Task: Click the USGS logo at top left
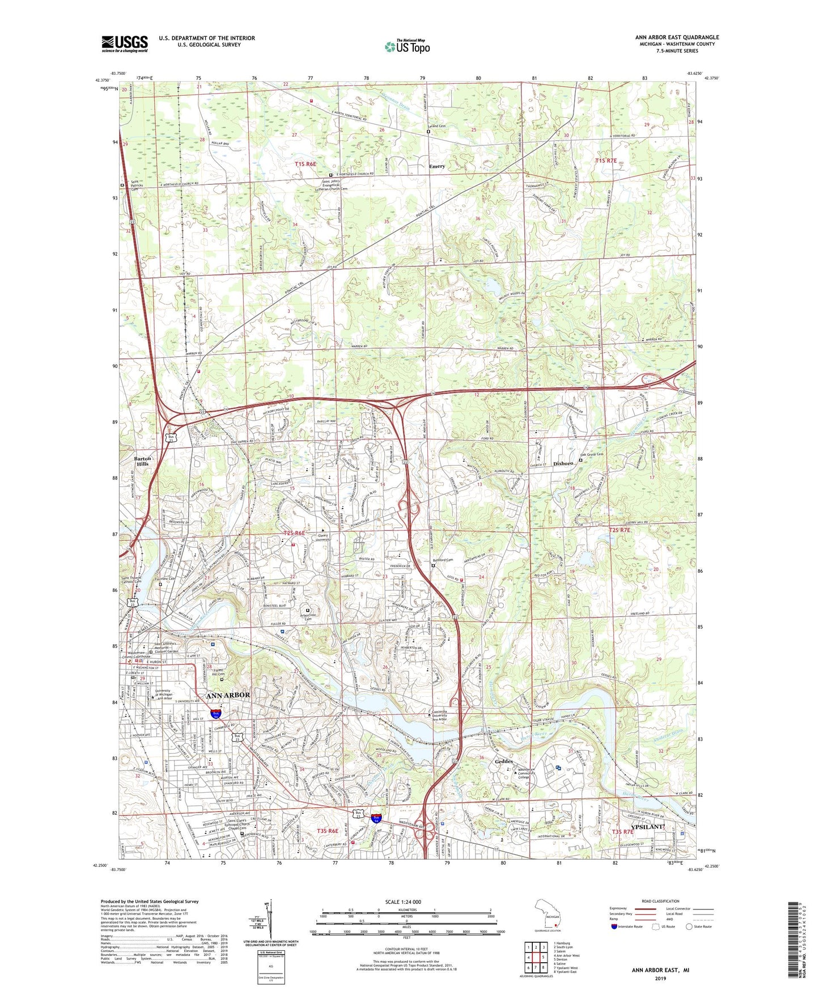click(124, 44)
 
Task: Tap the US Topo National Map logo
click(407, 46)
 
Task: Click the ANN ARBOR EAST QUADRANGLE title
click(677, 37)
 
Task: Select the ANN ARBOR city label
click(227, 695)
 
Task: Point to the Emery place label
click(436, 166)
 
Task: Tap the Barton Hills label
click(143, 460)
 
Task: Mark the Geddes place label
click(503, 761)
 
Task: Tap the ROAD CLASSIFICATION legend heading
click(660, 901)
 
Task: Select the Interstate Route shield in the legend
click(614, 926)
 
